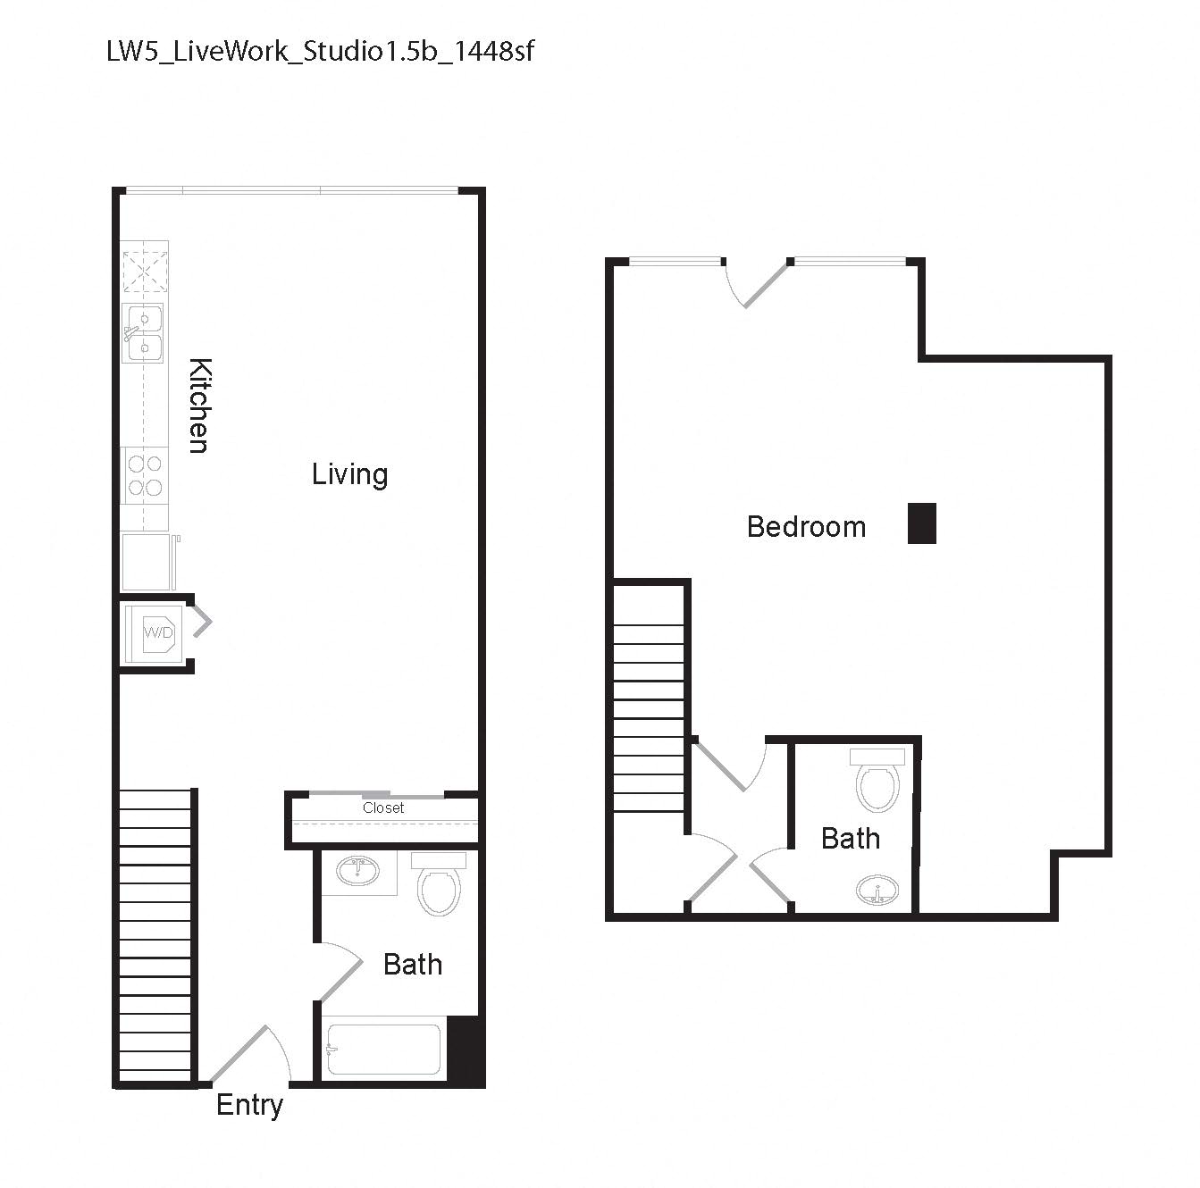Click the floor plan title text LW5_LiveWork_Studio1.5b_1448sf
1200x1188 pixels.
(x=320, y=51)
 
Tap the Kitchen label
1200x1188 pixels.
(x=200, y=406)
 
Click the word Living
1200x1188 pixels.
(x=349, y=473)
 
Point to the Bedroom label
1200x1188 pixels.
(x=806, y=527)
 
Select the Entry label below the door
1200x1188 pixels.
(x=249, y=1105)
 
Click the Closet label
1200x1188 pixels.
(x=383, y=807)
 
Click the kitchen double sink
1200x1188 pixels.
(x=143, y=332)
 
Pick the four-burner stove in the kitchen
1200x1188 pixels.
(x=144, y=475)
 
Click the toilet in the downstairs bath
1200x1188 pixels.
(x=438, y=884)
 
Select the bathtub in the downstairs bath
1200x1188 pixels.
(x=383, y=1049)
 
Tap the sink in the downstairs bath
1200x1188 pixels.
(x=358, y=871)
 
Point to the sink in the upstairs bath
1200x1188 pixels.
(x=877, y=891)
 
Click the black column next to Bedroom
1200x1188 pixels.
(x=921, y=523)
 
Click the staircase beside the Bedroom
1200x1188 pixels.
(x=650, y=697)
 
